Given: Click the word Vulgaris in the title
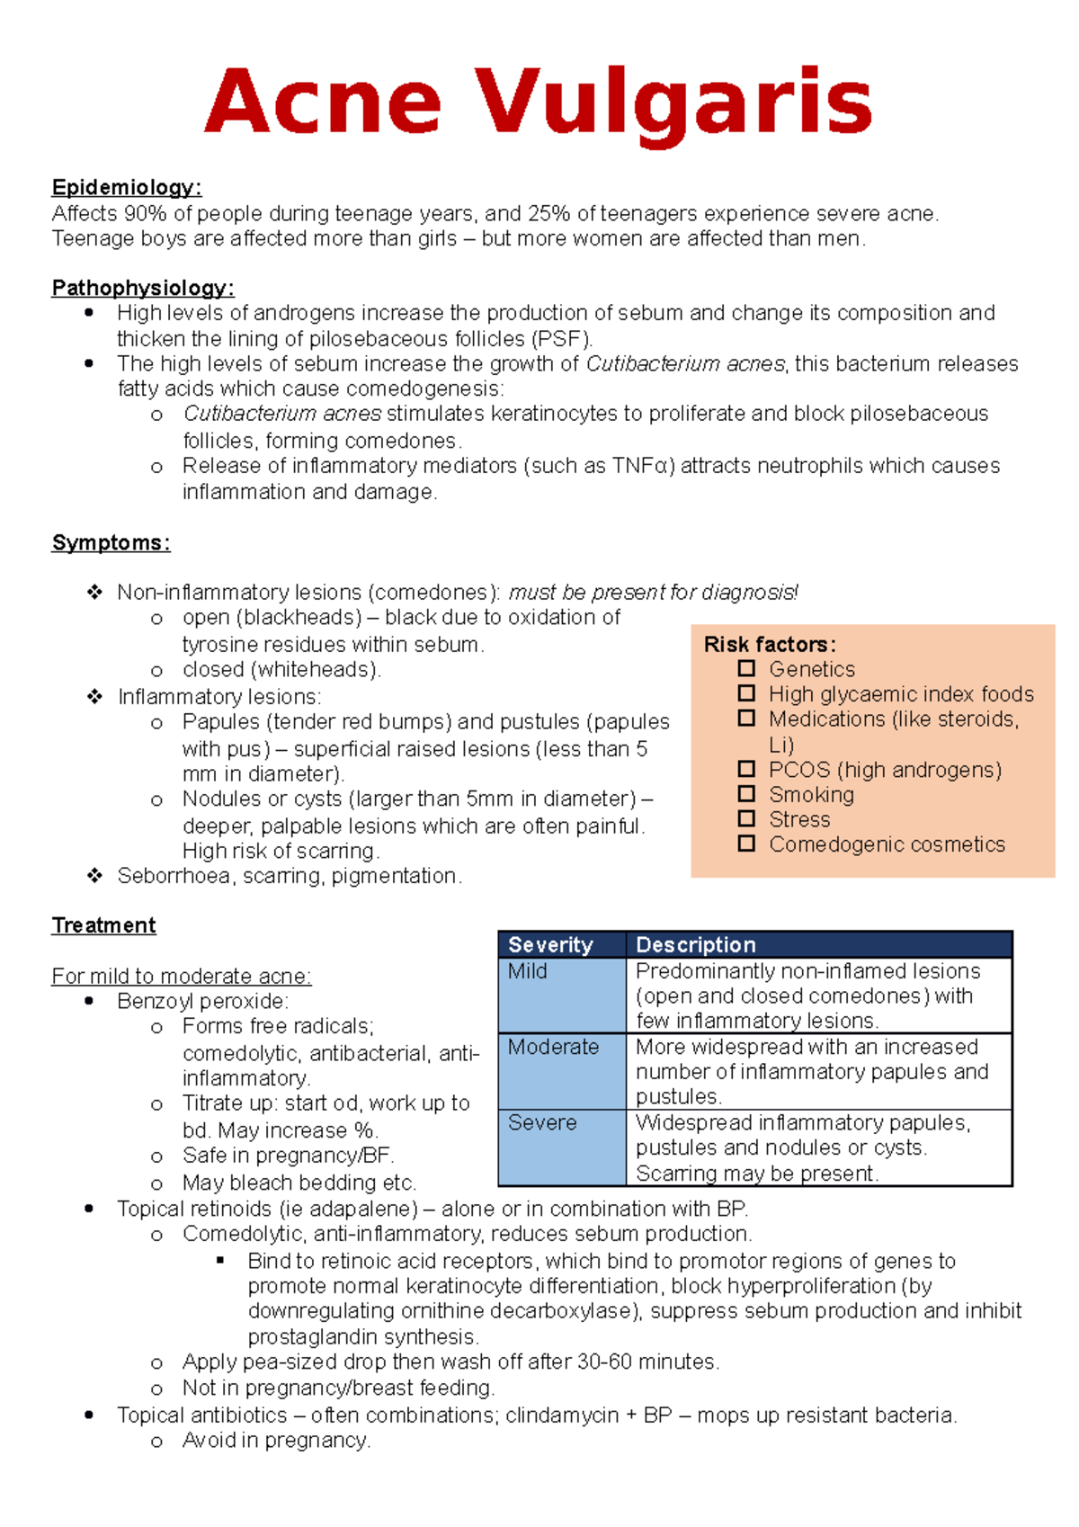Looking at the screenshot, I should [x=673, y=103].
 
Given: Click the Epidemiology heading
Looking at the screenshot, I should [x=126, y=188].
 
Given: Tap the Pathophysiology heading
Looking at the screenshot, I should [x=142, y=289].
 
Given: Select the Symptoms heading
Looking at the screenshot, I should [x=111, y=543].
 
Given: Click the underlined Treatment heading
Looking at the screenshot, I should [x=103, y=925].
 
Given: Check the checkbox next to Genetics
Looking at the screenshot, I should [x=746, y=669].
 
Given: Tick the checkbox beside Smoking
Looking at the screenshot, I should [x=746, y=794].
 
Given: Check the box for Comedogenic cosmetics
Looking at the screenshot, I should [x=746, y=844].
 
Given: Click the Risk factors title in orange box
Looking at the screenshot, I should [x=770, y=645].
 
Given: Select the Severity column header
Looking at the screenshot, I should [x=550, y=945].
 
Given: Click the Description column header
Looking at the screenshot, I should [x=695, y=945].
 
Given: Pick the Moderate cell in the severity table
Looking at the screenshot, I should [x=553, y=1047].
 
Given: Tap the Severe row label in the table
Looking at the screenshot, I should [x=542, y=1123].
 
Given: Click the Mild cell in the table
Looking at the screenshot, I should [x=527, y=971].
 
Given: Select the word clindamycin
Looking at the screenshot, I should [x=561, y=1415].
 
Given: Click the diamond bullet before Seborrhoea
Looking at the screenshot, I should [x=94, y=876].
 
